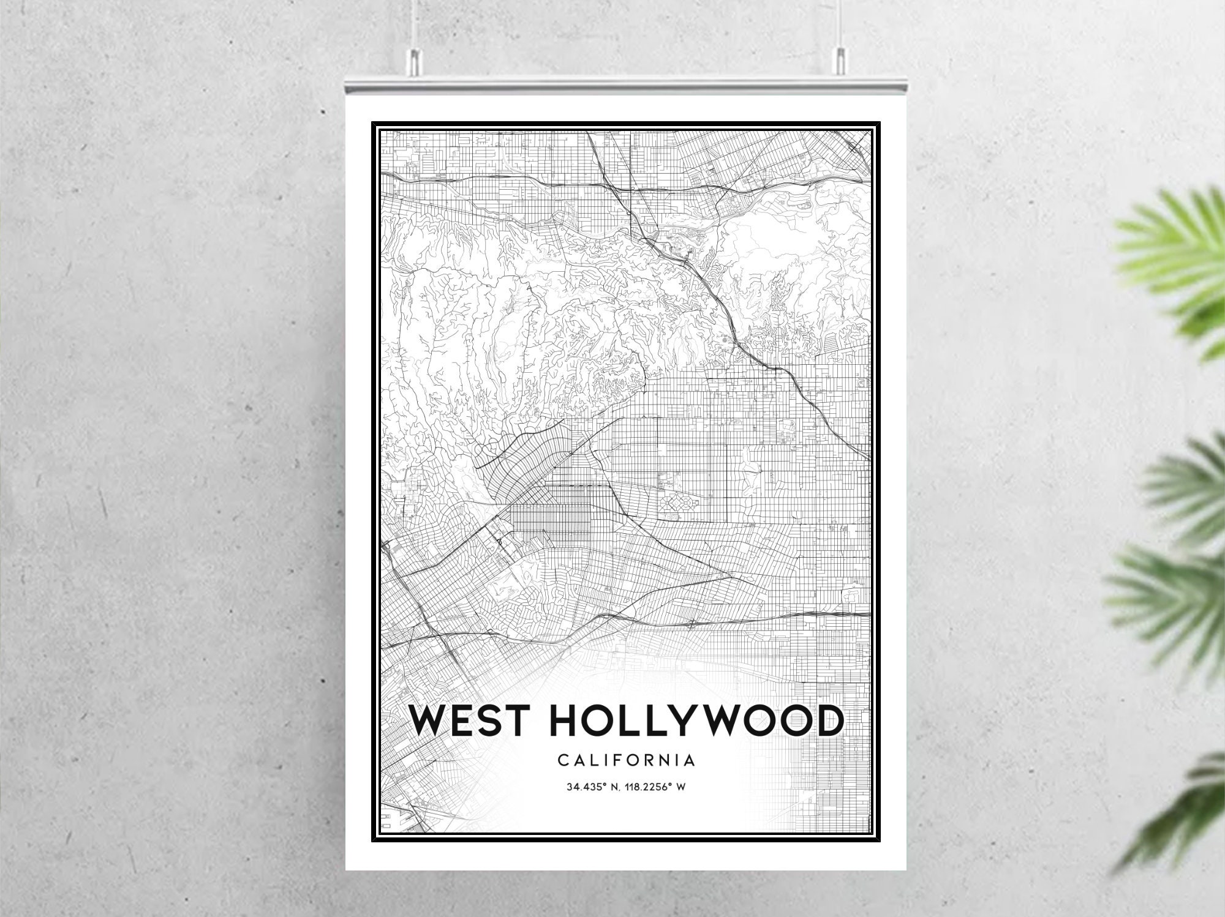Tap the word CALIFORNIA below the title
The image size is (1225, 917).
626,761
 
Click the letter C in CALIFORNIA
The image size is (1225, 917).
562,761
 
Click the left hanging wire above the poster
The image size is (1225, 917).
416,24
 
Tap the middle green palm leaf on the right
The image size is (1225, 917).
1182,484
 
